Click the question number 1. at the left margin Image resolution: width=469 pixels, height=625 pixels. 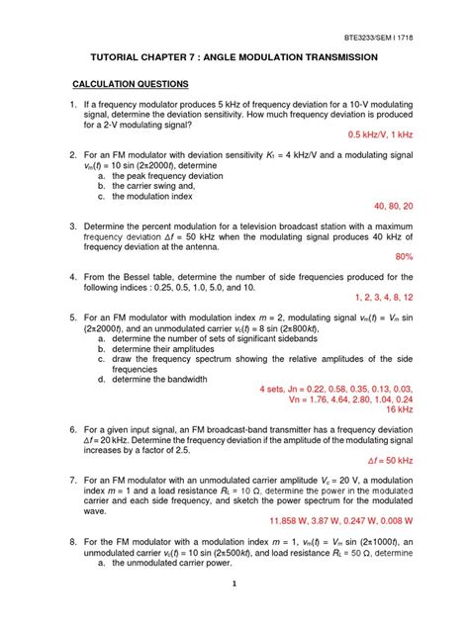(73, 105)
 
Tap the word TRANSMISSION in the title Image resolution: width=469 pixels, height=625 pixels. (329, 59)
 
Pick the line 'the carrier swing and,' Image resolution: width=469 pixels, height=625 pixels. (156, 186)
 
